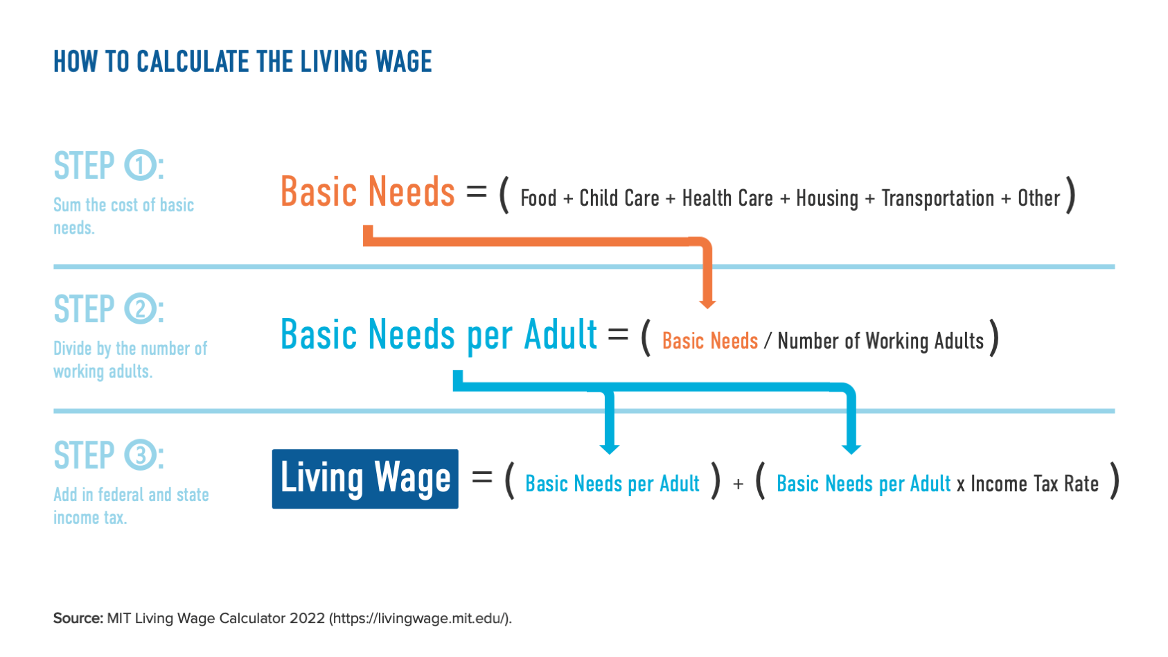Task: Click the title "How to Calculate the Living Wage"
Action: (x=242, y=62)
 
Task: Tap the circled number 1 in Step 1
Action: (x=141, y=166)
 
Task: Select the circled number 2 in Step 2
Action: (x=141, y=309)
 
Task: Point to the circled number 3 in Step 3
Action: (x=141, y=455)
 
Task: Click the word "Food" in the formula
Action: (x=538, y=198)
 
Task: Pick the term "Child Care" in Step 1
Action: (x=619, y=198)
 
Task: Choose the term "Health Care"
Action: (x=727, y=198)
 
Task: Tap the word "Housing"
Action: (x=826, y=199)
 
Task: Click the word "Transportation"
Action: (x=937, y=198)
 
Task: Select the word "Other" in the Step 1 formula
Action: (x=1038, y=198)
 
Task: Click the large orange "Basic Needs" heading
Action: (x=367, y=192)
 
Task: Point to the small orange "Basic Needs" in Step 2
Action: (x=709, y=341)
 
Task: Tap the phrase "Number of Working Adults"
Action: (x=880, y=341)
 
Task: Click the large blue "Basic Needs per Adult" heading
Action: (x=439, y=335)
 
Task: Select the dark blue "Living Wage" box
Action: (x=365, y=479)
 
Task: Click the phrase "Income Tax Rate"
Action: (x=1034, y=484)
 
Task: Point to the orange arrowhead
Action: (x=707, y=303)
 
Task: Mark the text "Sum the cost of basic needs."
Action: (x=123, y=216)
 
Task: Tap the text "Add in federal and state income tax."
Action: (x=130, y=506)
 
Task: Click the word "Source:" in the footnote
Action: (x=78, y=618)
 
